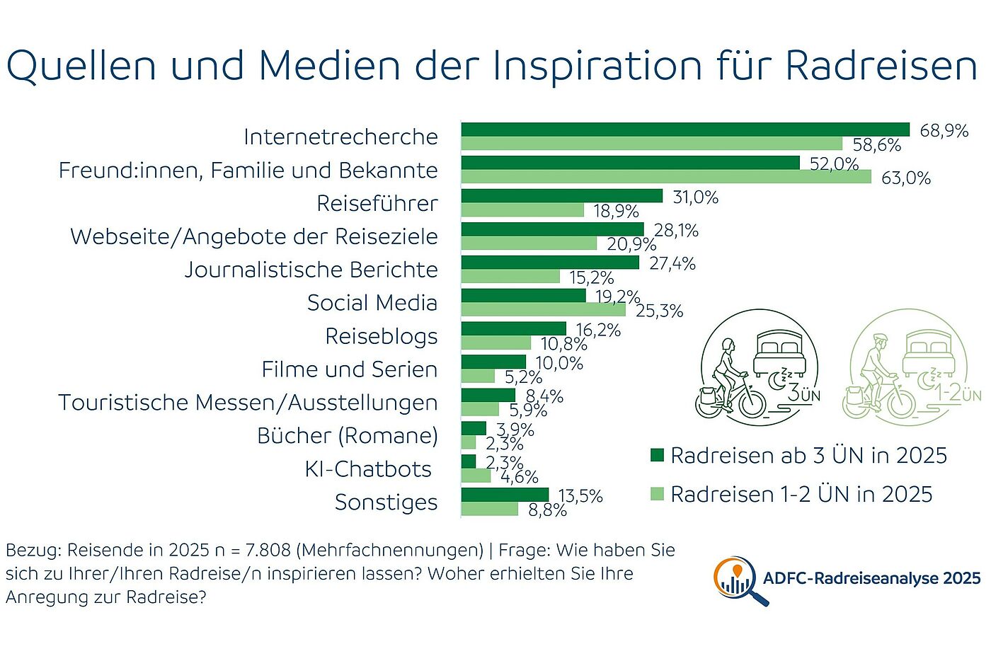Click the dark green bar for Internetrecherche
point(685,129)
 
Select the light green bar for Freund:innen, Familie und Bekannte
point(666,177)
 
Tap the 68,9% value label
point(944,131)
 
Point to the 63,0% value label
point(905,178)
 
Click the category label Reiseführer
point(377,204)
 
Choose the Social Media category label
point(372,303)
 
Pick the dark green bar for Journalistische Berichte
point(550,263)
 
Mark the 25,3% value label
point(659,311)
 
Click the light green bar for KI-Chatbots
point(476,476)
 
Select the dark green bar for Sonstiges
point(505,494)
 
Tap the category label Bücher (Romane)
point(347,436)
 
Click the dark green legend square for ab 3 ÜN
point(657,455)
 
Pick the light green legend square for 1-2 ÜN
point(657,494)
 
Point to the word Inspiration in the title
point(597,66)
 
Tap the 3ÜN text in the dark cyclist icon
point(804,393)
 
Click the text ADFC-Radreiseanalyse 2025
point(871,579)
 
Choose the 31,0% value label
point(695,197)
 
